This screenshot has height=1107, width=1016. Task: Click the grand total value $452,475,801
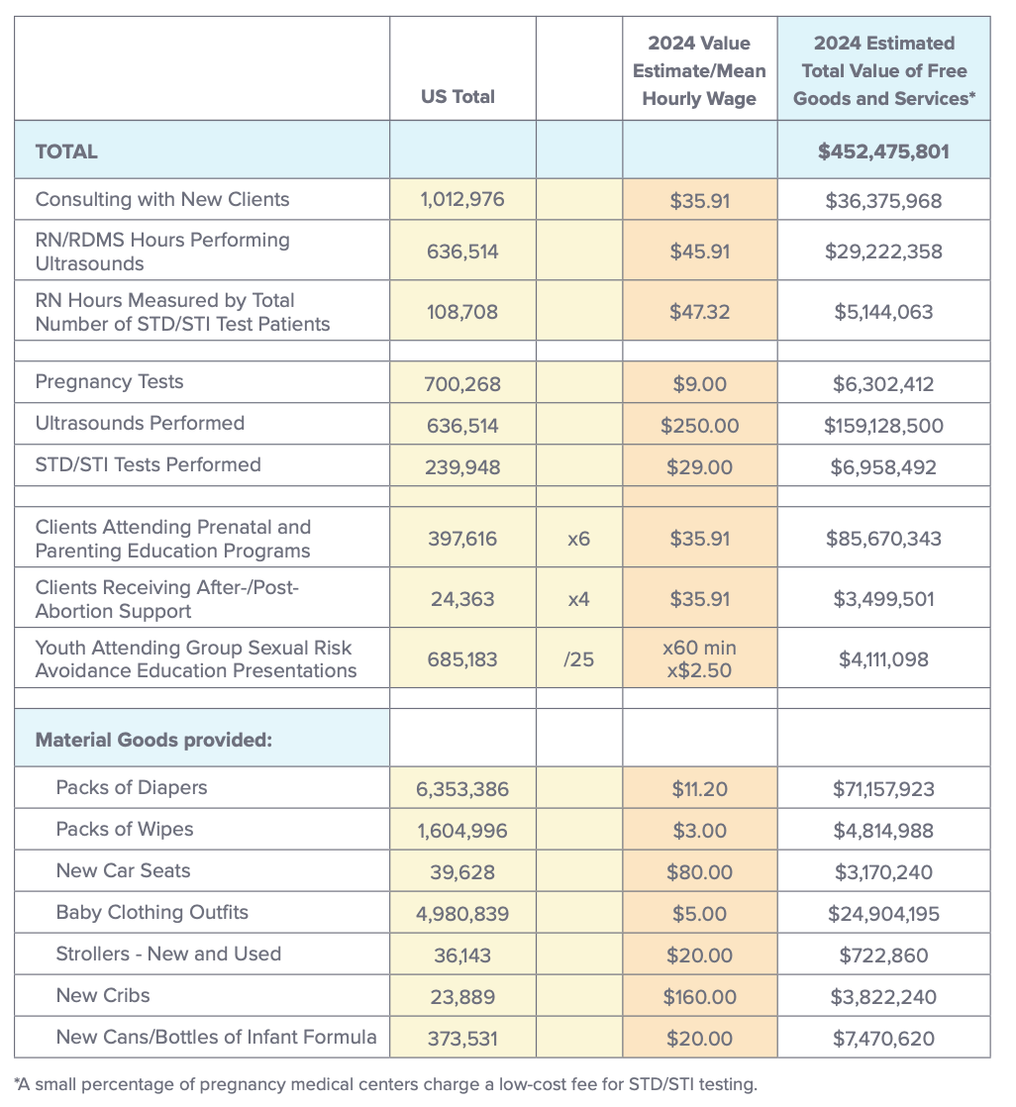883,151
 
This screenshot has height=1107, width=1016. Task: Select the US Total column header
457,97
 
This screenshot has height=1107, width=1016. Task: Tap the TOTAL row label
66,151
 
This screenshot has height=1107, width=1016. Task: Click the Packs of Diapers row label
132,788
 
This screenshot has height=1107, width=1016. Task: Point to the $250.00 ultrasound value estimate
699,426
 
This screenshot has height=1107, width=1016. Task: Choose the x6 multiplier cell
578,540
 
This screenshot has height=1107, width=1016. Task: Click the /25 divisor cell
578,658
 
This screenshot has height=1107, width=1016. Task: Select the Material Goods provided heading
153,740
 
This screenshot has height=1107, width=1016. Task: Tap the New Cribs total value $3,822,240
883,997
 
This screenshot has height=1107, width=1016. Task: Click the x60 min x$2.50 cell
699,658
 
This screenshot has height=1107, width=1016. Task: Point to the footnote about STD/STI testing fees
385,1083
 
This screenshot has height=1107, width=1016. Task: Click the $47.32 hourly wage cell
699,312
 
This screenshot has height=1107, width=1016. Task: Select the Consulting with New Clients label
162,200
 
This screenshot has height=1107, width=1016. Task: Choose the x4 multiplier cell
578,599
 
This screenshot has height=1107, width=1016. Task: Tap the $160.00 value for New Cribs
699,997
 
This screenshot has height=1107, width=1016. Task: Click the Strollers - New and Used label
168,955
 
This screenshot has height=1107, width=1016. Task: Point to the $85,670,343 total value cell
883,540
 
